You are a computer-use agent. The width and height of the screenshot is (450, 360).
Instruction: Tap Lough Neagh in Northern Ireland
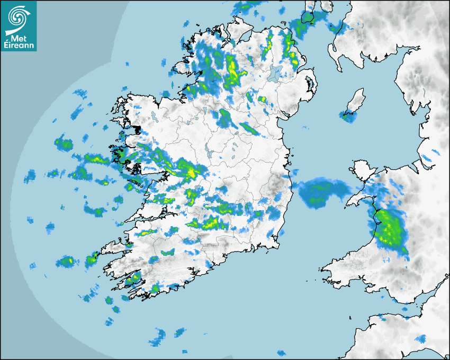click(274, 73)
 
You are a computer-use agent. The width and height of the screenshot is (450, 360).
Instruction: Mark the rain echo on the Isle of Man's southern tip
click(348, 117)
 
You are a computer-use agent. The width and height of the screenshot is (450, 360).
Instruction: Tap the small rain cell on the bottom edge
click(281, 353)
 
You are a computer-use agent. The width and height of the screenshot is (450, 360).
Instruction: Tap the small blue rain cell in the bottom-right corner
click(421, 339)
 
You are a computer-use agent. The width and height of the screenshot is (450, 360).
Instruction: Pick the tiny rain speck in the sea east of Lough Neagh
click(305, 127)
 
